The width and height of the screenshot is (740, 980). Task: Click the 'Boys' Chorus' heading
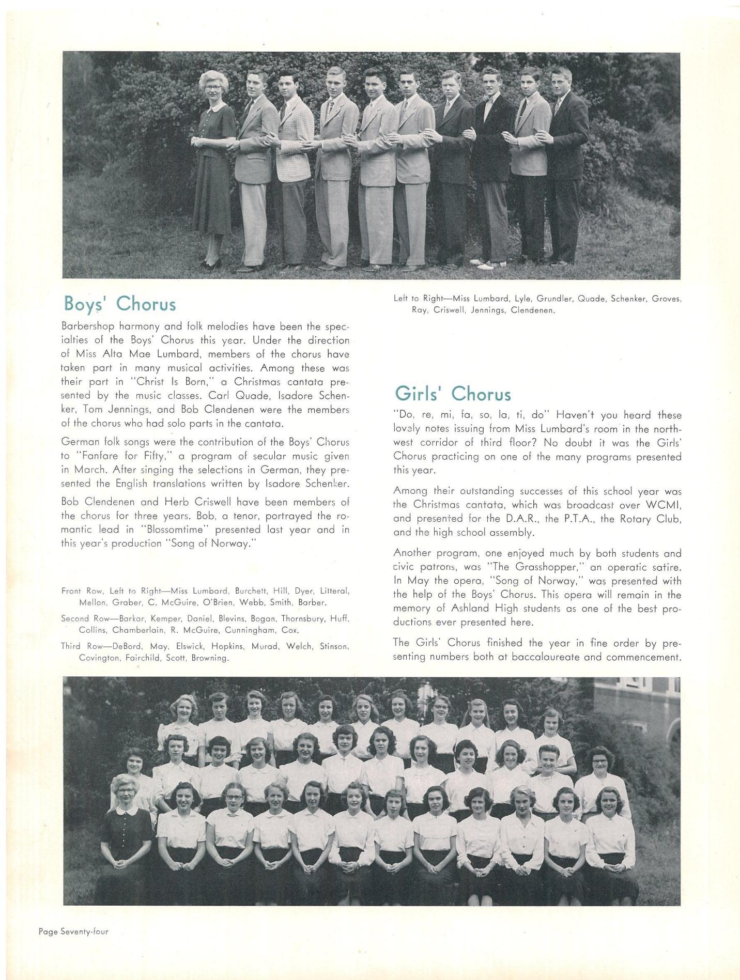pyautogui.click(x=119, y=304)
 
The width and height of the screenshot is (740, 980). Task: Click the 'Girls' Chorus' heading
pyautogui.click(x=453, y=394)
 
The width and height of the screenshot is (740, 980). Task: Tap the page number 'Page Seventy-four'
pyautogui.click(x=73, y=932)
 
